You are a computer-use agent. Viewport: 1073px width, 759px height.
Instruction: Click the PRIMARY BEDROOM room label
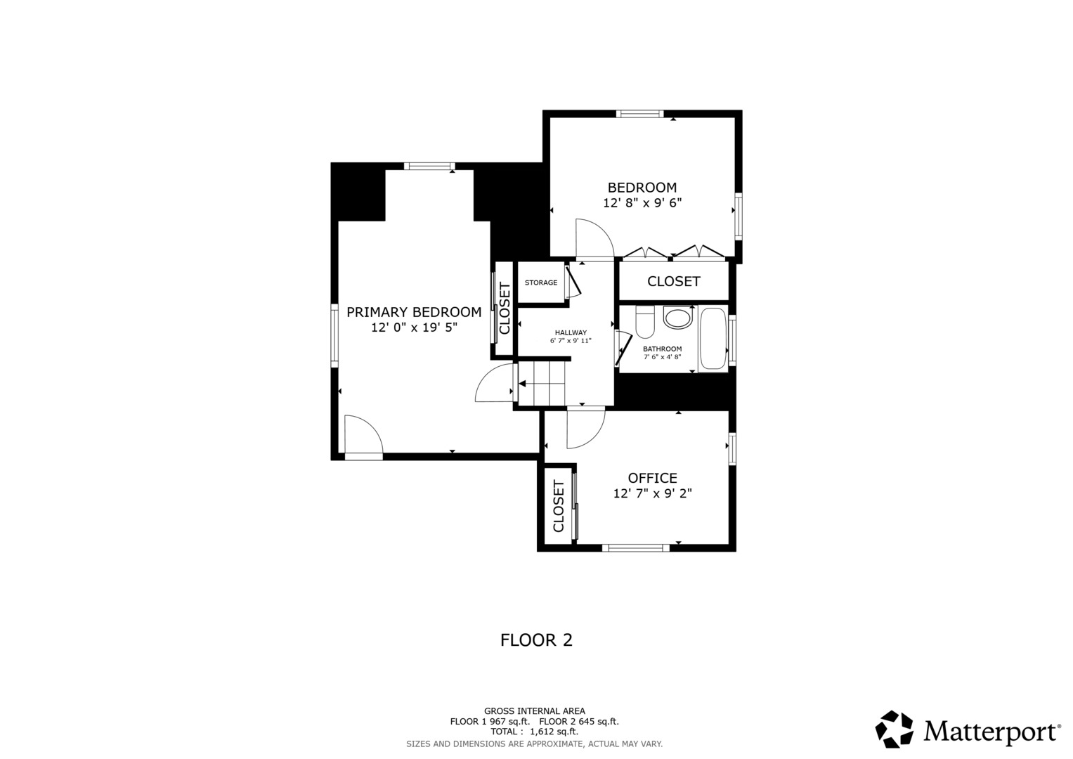pyautogui.click(x=414, y=313)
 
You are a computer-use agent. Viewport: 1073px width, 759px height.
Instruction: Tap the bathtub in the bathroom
pyautogui.click(x=713, y=339)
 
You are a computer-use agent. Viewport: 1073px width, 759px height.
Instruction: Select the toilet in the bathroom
pyautogui.click(x=645, y=322)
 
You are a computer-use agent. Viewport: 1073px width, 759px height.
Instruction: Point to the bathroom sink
pyautogui.click(x=678, y=317)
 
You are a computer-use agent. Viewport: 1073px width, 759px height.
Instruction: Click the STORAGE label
pyautogui.click(x=541, y=283)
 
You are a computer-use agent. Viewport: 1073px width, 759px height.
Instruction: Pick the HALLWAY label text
pyautogui.click(x=571, y=332)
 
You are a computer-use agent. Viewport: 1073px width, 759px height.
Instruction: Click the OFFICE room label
pyautogui.click(x=652, y=478)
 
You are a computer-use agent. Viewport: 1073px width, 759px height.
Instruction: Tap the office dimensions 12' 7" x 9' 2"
pyautogui.click(x=652, y=493)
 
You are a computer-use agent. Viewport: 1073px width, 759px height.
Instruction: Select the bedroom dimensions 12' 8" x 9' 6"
pyautogui.click(x=642, y=202)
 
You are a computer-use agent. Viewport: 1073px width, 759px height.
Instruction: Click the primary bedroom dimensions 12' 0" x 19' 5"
pyautogui.click(x=415, y=327)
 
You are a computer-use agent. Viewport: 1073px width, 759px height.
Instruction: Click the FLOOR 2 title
pyautogui.click(x=536, y=640)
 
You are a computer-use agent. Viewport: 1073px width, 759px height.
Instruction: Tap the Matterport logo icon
pyautogui.click(x=894, y=729)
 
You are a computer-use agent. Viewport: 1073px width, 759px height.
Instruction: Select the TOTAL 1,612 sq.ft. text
pyautogui.click(x=534, y=732)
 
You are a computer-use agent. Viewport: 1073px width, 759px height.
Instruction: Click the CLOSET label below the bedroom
pyautogui.click(x=673, y=281)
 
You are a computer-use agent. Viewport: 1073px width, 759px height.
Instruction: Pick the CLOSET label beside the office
pyautogui.click(x=559, y=506)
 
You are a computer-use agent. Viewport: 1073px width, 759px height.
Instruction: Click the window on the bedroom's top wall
pyautogui.click(x=639, y=114)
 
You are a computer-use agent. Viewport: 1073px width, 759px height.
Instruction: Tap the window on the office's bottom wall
pyautogui.click(x=636, y=547)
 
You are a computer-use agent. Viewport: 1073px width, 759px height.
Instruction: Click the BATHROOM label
pyautogui.click(x=663, y=349)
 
